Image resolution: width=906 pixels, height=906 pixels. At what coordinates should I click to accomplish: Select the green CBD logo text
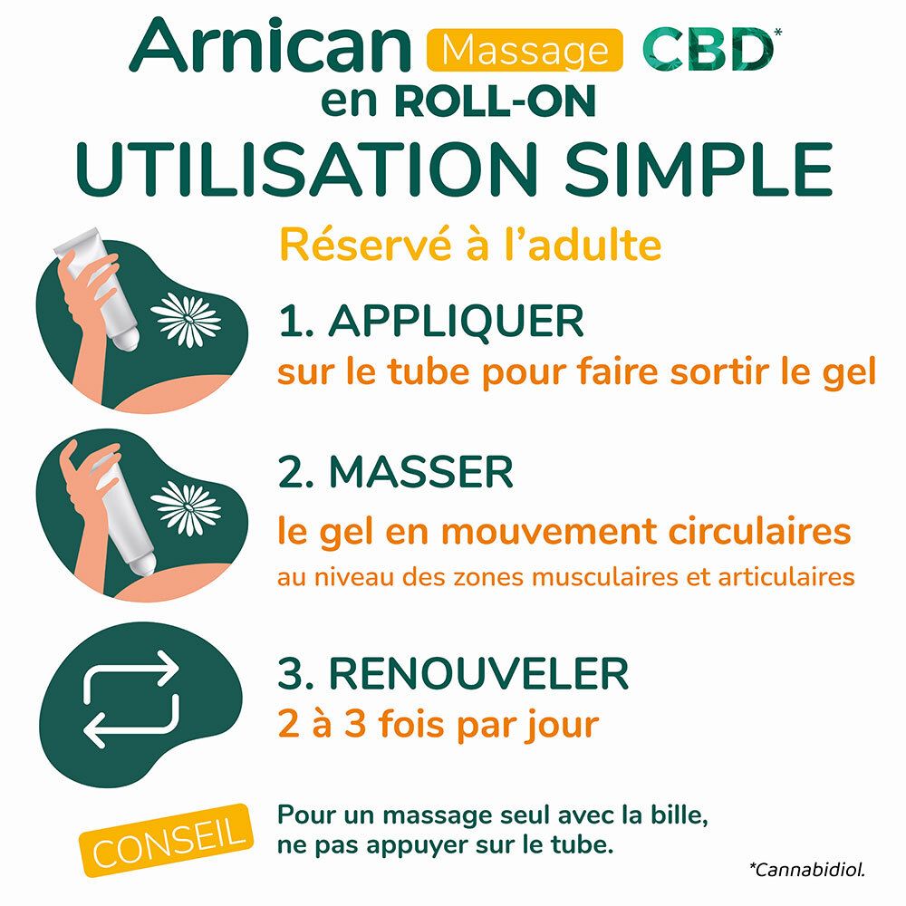pyautogui.click(x=703, y=50)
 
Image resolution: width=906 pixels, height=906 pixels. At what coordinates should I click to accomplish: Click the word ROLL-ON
pyautogui.click(x=496, y=101)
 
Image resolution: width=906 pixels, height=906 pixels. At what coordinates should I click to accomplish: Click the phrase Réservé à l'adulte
pyautogui.click(x=469, y=245)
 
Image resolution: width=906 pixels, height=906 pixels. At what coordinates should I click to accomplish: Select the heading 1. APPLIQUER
pyautogui.click(x=431, y=322)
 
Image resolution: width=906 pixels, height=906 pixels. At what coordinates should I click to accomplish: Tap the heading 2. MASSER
pyautogui.click(x=396, y=472)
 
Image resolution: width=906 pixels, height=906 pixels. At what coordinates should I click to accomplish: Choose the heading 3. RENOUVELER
pyautogui.click(x=453, y=673)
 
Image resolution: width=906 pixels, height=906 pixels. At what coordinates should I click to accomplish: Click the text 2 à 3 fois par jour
pyautogui.click(x=439, y=724)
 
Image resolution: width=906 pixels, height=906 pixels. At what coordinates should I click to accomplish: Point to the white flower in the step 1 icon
pyautogui.click(x=187, y=320)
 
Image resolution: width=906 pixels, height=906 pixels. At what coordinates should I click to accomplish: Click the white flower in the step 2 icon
pyautogui.click(x=187, y=506)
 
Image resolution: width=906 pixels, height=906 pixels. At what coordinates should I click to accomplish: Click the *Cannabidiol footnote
pyautogui.click(x=806, y=871)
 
